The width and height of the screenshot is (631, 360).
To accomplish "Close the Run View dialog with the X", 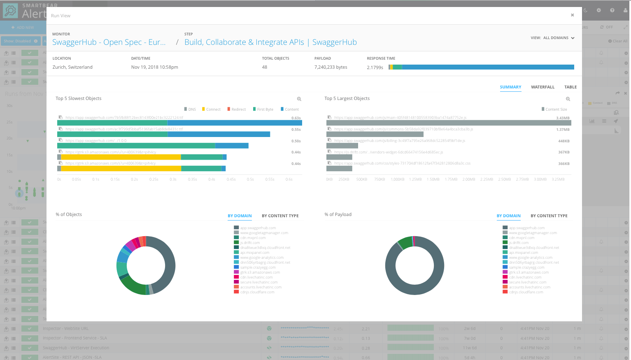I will [x=572, y=15].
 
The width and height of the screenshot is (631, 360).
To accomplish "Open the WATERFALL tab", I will [x=543, y=87].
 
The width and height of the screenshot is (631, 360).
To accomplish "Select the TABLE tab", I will [x=570, y=87].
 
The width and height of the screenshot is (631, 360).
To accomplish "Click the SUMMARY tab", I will [x=510, y=87].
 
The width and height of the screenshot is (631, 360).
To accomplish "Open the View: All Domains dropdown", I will [x=552, y=38].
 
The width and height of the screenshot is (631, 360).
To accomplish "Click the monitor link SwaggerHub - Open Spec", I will [x=109, y=42].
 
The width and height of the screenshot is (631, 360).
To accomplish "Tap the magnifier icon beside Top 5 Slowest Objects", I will [x=299, y=99].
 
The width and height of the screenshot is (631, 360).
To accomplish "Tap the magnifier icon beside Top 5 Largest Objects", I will [x=568, y=99].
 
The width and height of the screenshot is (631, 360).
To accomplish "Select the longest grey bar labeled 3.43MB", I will [x=449, y=123].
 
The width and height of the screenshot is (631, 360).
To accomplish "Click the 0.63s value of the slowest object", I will [x=296, y=118].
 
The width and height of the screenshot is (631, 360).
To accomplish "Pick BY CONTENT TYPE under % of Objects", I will [x=280, y=216].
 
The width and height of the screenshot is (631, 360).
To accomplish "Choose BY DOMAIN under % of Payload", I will [x=508, y=216].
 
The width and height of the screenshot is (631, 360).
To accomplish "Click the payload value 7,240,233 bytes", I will [x=331, y=67].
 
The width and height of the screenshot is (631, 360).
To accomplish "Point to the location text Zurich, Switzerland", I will [x=72, y=67].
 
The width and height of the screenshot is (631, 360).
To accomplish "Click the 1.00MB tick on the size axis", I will [x=398, y=179].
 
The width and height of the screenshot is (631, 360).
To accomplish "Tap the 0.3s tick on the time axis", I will [x=173, y=179].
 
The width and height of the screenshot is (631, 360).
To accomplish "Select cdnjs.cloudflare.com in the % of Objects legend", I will [x=257, y=292].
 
